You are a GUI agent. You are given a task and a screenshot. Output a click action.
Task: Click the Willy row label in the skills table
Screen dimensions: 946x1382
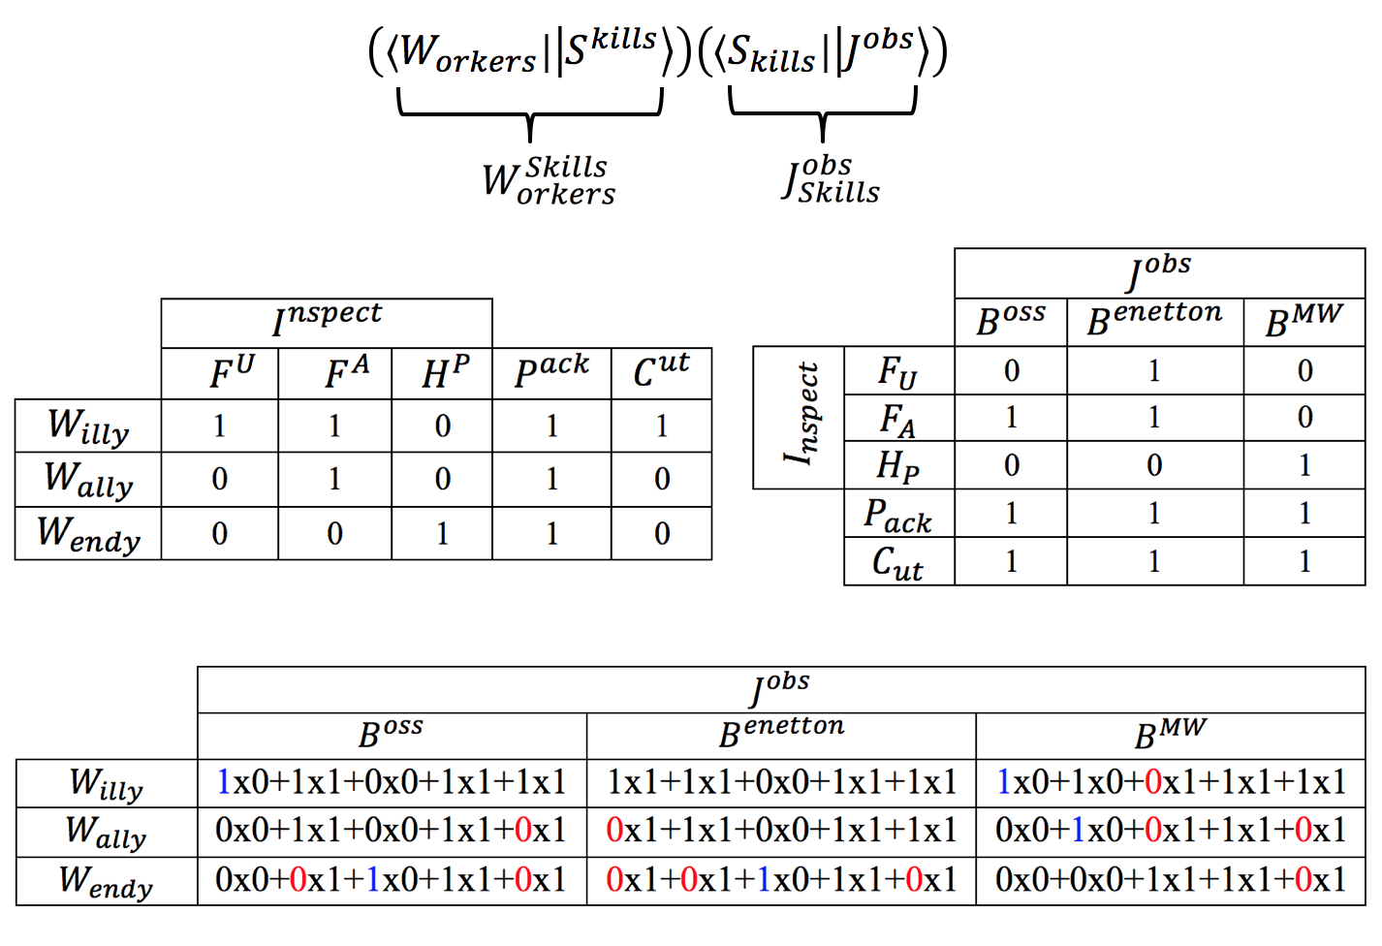(88, 426)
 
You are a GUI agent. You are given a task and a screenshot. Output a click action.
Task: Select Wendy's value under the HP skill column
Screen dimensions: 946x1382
(442, 533)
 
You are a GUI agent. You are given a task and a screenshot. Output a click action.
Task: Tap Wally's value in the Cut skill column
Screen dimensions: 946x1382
(662, 479)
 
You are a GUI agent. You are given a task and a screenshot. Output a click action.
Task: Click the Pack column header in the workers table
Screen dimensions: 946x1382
(551, 372)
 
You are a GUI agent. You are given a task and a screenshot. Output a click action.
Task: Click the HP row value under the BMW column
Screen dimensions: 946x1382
(1304, 465)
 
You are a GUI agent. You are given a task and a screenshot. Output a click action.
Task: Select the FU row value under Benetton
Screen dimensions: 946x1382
(1154, 370)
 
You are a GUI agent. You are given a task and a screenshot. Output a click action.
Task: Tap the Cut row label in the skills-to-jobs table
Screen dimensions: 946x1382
(897, 562)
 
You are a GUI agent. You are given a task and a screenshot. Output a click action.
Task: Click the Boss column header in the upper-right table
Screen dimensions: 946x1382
(1011, 321)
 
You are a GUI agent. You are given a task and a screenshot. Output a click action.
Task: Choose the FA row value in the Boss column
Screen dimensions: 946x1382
(1011, 418)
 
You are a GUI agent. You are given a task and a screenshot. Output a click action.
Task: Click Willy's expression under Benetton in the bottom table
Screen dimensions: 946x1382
(781, 782)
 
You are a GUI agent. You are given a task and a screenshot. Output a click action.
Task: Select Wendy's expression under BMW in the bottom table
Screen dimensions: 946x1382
(1171, 879)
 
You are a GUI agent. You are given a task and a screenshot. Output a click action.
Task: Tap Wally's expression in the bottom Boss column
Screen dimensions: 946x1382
(391, 831)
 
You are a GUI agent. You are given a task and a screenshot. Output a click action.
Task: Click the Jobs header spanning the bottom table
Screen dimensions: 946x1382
(781, 689)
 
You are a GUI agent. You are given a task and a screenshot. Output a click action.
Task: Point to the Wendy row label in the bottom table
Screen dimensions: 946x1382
(106, 881)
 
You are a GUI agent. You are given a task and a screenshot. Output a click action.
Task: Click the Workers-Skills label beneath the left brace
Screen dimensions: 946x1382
(549, 181)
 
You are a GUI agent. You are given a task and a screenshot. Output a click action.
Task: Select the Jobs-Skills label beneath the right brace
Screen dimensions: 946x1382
(832, 180)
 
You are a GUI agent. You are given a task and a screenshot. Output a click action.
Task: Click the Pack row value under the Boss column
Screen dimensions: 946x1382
(1011, 513)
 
